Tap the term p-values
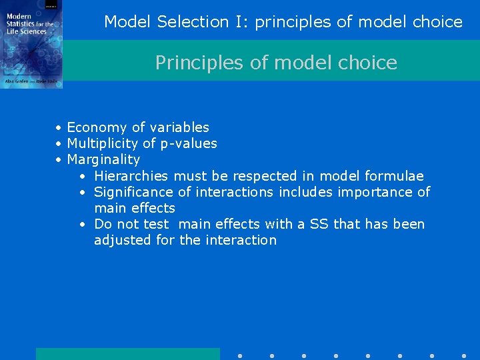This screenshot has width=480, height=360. [189, 144]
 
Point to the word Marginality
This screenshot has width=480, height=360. [103, 160]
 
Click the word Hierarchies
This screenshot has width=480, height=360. [131, 176]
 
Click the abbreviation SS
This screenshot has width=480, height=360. [319, 224]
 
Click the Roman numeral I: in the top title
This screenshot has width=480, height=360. [242, 22]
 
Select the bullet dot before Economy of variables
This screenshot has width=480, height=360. [59, 128]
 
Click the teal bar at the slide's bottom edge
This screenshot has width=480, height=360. [127, 353]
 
